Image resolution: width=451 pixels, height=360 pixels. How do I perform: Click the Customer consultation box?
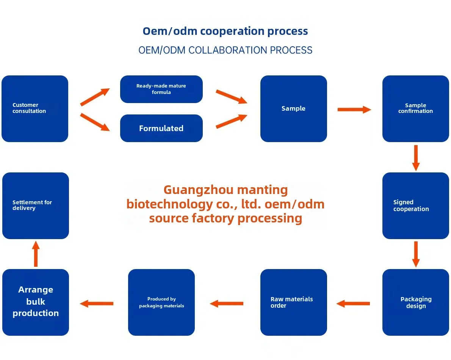coord(35,109)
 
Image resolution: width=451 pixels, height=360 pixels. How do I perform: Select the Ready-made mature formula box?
coord(161,89)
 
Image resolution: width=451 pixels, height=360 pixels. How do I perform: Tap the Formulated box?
coord(161,128)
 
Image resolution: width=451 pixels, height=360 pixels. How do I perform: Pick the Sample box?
coord(293,109)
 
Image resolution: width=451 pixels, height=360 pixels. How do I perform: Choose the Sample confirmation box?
coord(415,109)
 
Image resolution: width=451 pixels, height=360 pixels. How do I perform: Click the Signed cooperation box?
coord(415,206)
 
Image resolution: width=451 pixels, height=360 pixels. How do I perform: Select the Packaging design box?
coord(415,302)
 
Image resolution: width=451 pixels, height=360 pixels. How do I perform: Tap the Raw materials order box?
coord(293,302)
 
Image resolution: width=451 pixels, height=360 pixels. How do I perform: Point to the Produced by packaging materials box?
coord(161,302)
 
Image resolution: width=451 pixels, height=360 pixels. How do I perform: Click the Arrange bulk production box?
coord(36,302)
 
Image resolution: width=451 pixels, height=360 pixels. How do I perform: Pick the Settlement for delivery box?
coord(36,206)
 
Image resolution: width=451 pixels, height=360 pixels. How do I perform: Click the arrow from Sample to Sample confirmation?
coord(354,110)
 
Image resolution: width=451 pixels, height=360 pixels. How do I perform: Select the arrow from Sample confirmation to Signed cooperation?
coord(416,158)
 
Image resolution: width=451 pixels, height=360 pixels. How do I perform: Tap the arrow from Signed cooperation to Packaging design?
coord(416,254)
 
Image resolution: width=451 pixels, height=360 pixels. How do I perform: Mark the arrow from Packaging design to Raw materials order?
coord(353,303)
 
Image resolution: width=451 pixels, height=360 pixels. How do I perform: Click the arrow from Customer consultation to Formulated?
coord(95,122)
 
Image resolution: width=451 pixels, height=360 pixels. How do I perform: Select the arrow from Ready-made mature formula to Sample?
coord(231,97)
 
